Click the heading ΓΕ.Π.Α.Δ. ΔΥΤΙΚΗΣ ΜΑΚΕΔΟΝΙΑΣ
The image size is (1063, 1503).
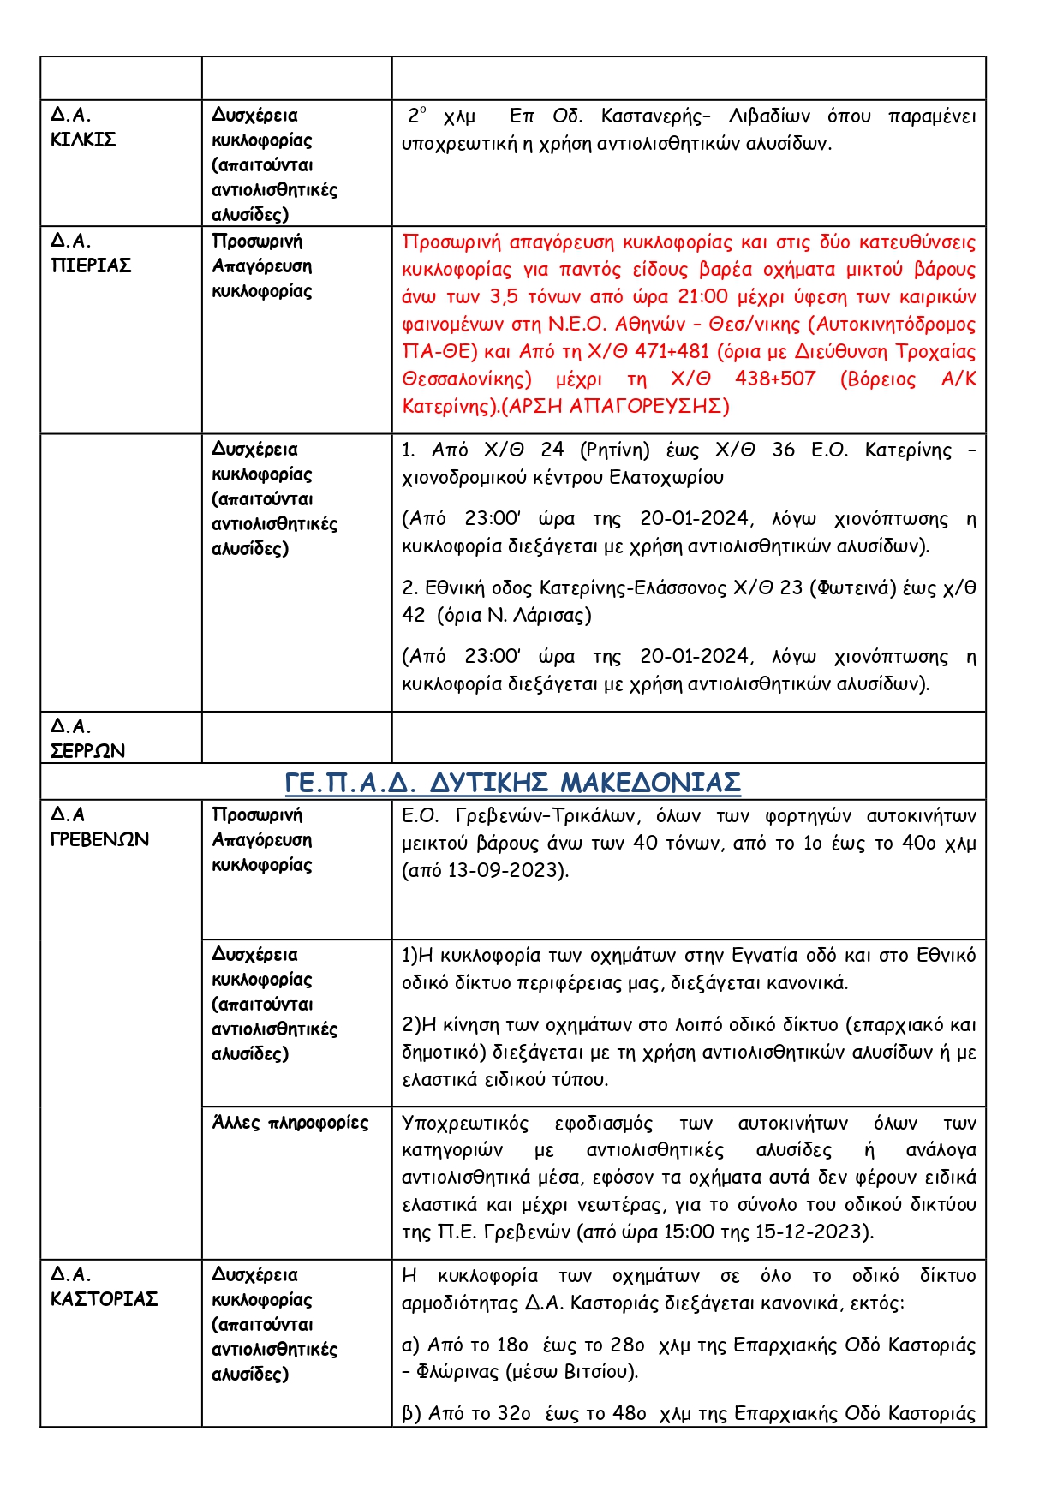[512, 783]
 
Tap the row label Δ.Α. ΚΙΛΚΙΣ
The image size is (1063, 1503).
[82, 127]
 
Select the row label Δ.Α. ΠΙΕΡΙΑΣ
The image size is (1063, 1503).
[90, 253]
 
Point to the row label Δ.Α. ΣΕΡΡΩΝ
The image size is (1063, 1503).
[87, 738]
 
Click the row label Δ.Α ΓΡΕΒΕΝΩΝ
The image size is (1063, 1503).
[99, 826]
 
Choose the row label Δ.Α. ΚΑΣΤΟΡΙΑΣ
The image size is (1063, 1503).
[104, 1286]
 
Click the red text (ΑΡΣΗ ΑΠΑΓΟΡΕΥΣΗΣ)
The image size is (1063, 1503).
[615, 406]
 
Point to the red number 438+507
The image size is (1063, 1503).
[775, 379]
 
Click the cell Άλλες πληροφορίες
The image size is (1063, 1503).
[290, 1123]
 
